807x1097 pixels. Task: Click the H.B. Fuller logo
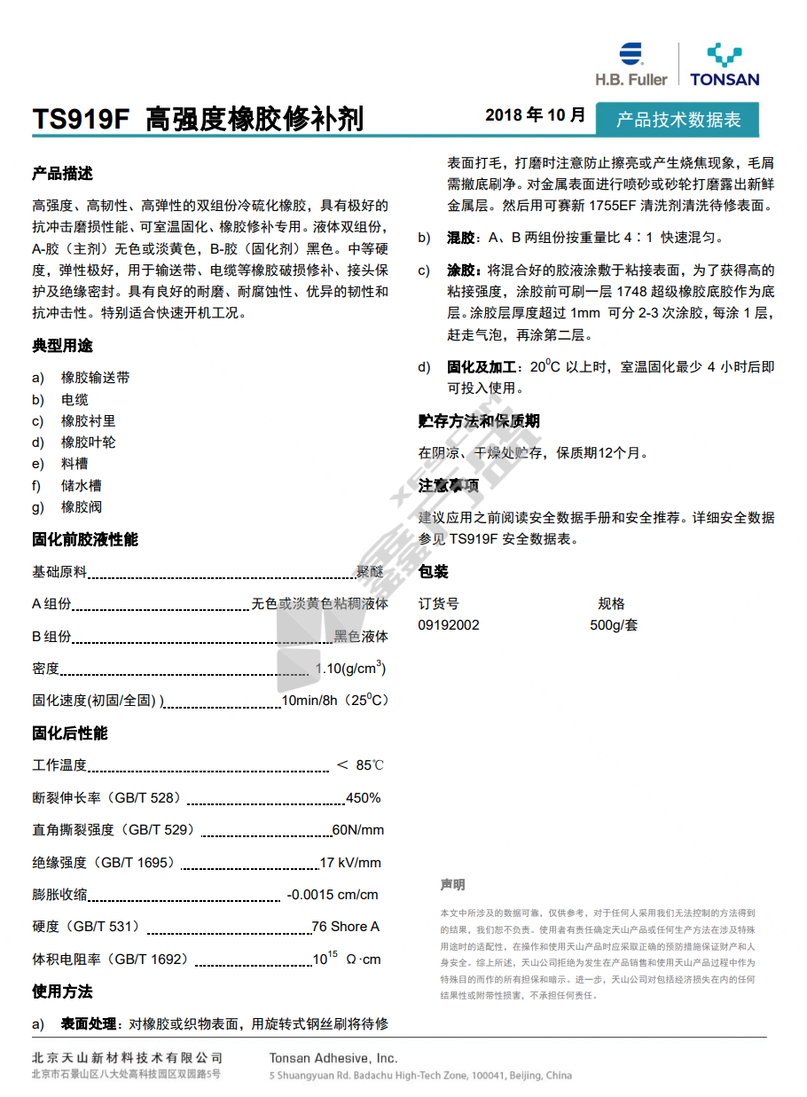(631, 64)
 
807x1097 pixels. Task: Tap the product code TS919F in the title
(81, 119)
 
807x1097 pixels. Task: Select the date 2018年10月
(535, 115)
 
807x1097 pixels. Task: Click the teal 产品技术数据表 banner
(678, 120)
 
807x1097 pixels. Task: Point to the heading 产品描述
(62, 174)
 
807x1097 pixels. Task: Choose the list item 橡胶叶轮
(88, 442)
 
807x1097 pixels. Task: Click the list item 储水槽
(81, 485)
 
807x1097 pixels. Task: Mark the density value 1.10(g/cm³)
(351, 668)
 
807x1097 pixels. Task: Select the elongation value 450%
(363, 798)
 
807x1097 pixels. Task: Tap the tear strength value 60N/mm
(357, 830)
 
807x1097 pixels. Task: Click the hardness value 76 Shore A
(345, 927)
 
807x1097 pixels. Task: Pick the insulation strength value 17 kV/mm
(349, 862)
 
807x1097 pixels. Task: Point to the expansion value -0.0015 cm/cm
(332, 894)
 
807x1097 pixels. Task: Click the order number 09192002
(449, 625)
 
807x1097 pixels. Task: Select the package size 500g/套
(614, 625)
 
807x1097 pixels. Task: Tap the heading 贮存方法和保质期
(479, 421)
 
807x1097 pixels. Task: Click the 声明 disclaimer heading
(452, 885)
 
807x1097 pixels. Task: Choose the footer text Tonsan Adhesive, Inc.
(333, 1058)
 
